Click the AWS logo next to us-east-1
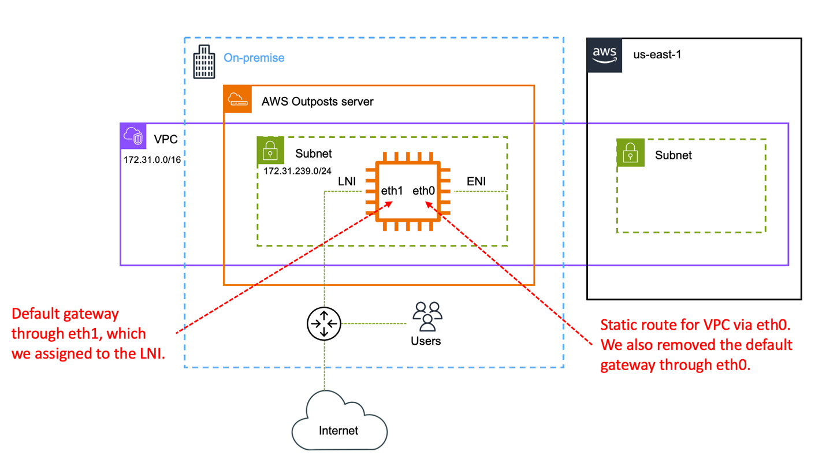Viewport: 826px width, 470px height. click(x=605, y=55)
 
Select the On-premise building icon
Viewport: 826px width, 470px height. click(x=203, y=62)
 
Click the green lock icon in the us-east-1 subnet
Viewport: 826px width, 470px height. click(x=630, y=154)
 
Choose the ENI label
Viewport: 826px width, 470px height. click(x=476, y=181)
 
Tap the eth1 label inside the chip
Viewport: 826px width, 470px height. click(x=392, y=191)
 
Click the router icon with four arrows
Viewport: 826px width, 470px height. click(x=324, y=324)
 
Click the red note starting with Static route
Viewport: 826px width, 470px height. click(x=695, y=345)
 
